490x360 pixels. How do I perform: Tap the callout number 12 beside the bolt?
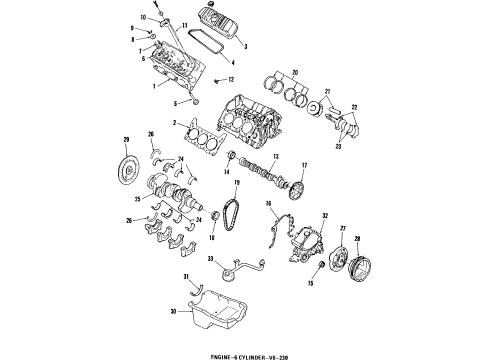[x=231, y=78]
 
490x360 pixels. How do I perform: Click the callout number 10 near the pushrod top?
[x=142, y=17]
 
